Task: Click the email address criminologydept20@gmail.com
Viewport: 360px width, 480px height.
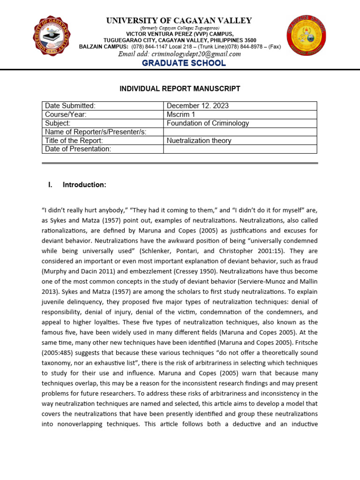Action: tap(179, 54)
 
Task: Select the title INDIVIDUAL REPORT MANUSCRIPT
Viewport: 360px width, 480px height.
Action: tap(180, 89)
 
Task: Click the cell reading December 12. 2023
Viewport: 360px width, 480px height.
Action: tap(198, 106)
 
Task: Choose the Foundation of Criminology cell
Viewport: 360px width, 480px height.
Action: tap(208, 123)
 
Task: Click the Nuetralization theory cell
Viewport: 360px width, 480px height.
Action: tap(199, 141)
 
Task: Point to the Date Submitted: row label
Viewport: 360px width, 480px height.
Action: tap(70, 106)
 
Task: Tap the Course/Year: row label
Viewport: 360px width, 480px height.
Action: tap(66, 114)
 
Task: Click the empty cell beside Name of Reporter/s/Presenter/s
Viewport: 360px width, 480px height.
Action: tap(240, 132)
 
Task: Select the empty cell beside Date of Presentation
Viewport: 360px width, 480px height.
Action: tap(240, 149)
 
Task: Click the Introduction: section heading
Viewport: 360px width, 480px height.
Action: tap(84, 185)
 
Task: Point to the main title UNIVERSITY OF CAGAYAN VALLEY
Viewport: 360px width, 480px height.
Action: tap(179, 21)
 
